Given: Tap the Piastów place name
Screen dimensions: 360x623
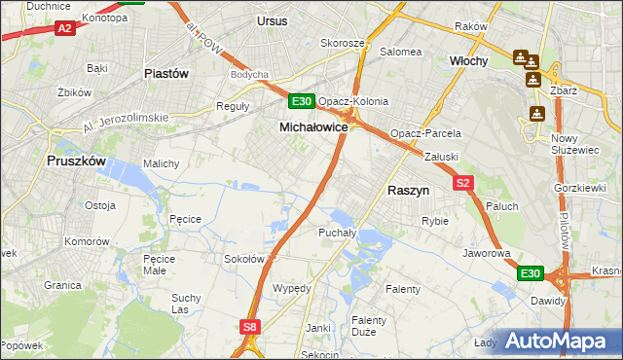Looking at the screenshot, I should coord(165,73).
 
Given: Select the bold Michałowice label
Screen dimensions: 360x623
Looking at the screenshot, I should coord(313,127).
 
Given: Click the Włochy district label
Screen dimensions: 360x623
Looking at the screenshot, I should coord(468,59).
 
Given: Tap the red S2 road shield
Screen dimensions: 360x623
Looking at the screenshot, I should coord(462,183).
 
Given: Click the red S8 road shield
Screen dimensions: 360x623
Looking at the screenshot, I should coord(250,328).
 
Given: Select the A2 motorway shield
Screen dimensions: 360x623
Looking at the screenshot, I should coord(64,29).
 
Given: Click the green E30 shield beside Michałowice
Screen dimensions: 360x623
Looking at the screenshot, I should coord(302,101).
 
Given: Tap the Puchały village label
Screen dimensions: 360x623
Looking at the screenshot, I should coord(337,233).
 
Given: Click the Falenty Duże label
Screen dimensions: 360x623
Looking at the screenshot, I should coord(369,326).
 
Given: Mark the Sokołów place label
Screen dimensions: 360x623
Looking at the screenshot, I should coord(245,259).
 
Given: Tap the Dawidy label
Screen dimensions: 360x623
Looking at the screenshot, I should coord(548,301).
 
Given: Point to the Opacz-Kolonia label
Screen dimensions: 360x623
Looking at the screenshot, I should coord(353,101).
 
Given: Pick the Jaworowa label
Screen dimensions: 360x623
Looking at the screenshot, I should coord(488,253).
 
